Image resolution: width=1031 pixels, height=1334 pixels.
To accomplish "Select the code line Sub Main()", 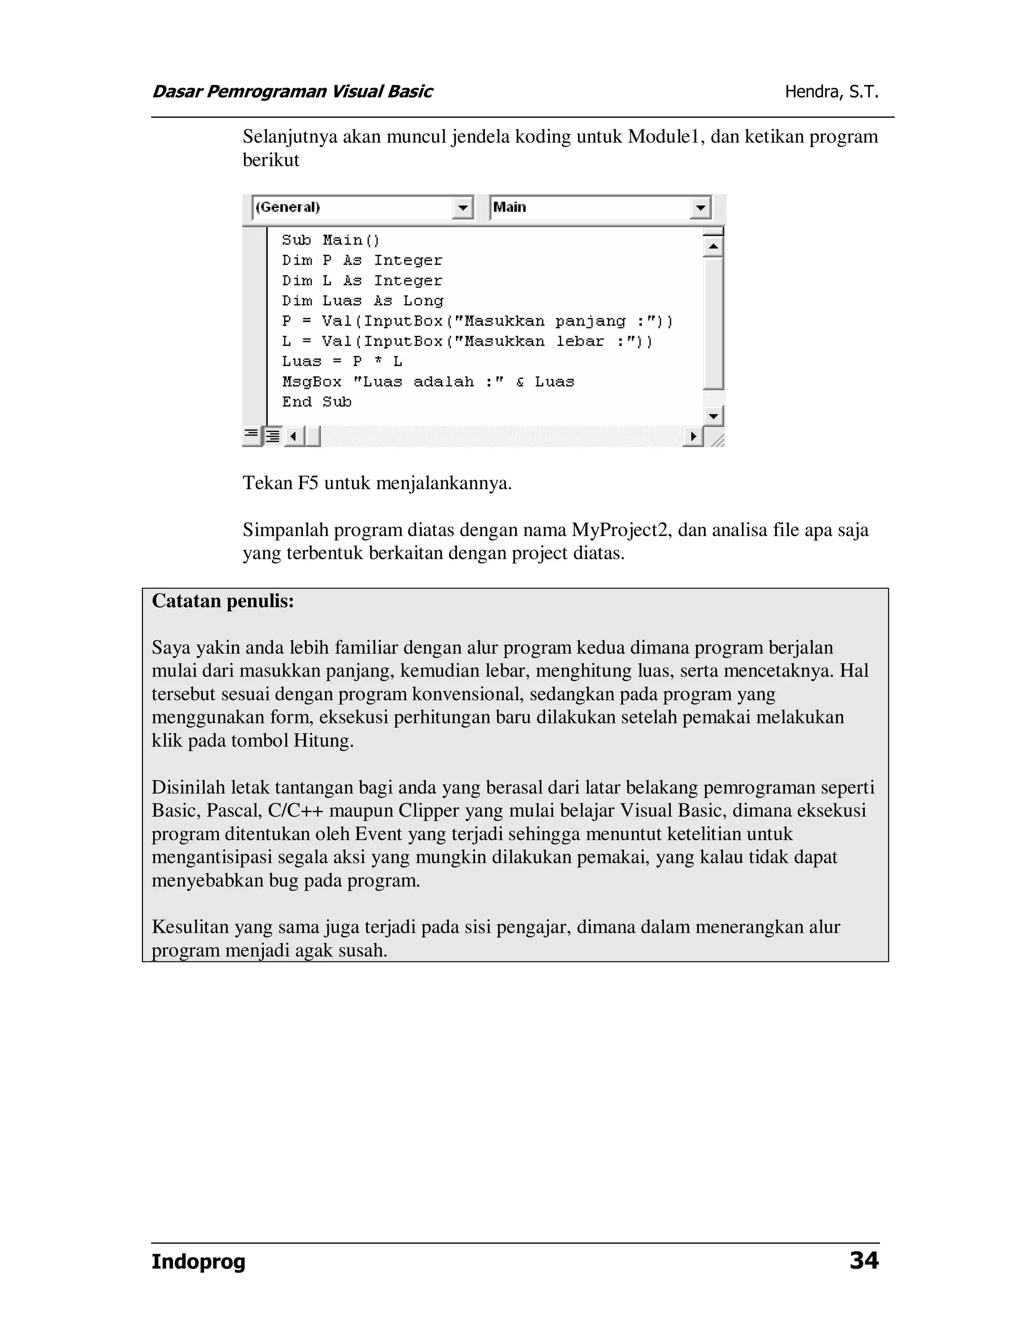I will click(330, 240).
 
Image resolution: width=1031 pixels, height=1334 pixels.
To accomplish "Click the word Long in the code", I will click(423, 301).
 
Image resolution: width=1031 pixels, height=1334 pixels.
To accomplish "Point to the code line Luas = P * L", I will click(341, 361).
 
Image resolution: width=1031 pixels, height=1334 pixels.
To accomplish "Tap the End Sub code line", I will click(316, 402).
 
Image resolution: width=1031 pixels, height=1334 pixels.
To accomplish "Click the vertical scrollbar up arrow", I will click(713, 247).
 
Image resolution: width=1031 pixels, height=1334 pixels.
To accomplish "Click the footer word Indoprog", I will click(198, 1262).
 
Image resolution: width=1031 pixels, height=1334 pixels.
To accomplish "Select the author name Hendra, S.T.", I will click(831, 92).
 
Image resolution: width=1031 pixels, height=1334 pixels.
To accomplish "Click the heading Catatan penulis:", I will click(223, 601).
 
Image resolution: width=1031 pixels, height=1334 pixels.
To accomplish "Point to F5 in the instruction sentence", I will click(308, 483).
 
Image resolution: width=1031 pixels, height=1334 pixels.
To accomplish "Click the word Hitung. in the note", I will click(324, 741).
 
